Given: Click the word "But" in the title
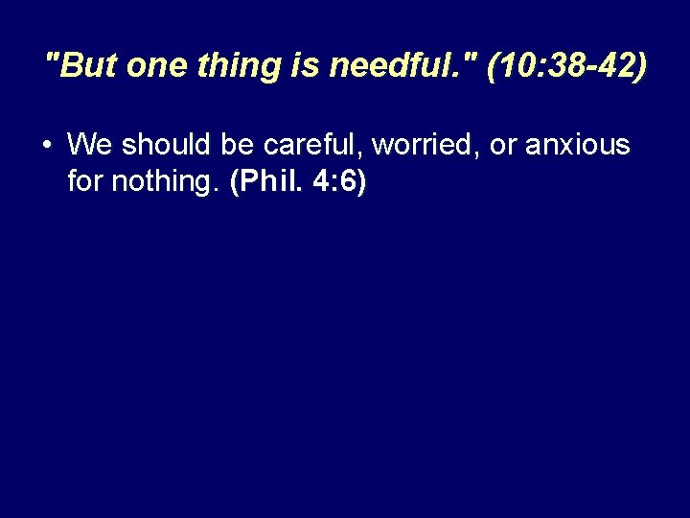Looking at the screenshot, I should [87, 66].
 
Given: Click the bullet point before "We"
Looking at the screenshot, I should [47, 146].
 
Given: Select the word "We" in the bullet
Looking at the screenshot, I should [90, 145].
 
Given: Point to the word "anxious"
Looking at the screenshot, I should [577, 145].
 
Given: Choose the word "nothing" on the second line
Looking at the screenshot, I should [162, 182].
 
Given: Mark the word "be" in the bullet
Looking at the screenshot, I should [239, 145].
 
